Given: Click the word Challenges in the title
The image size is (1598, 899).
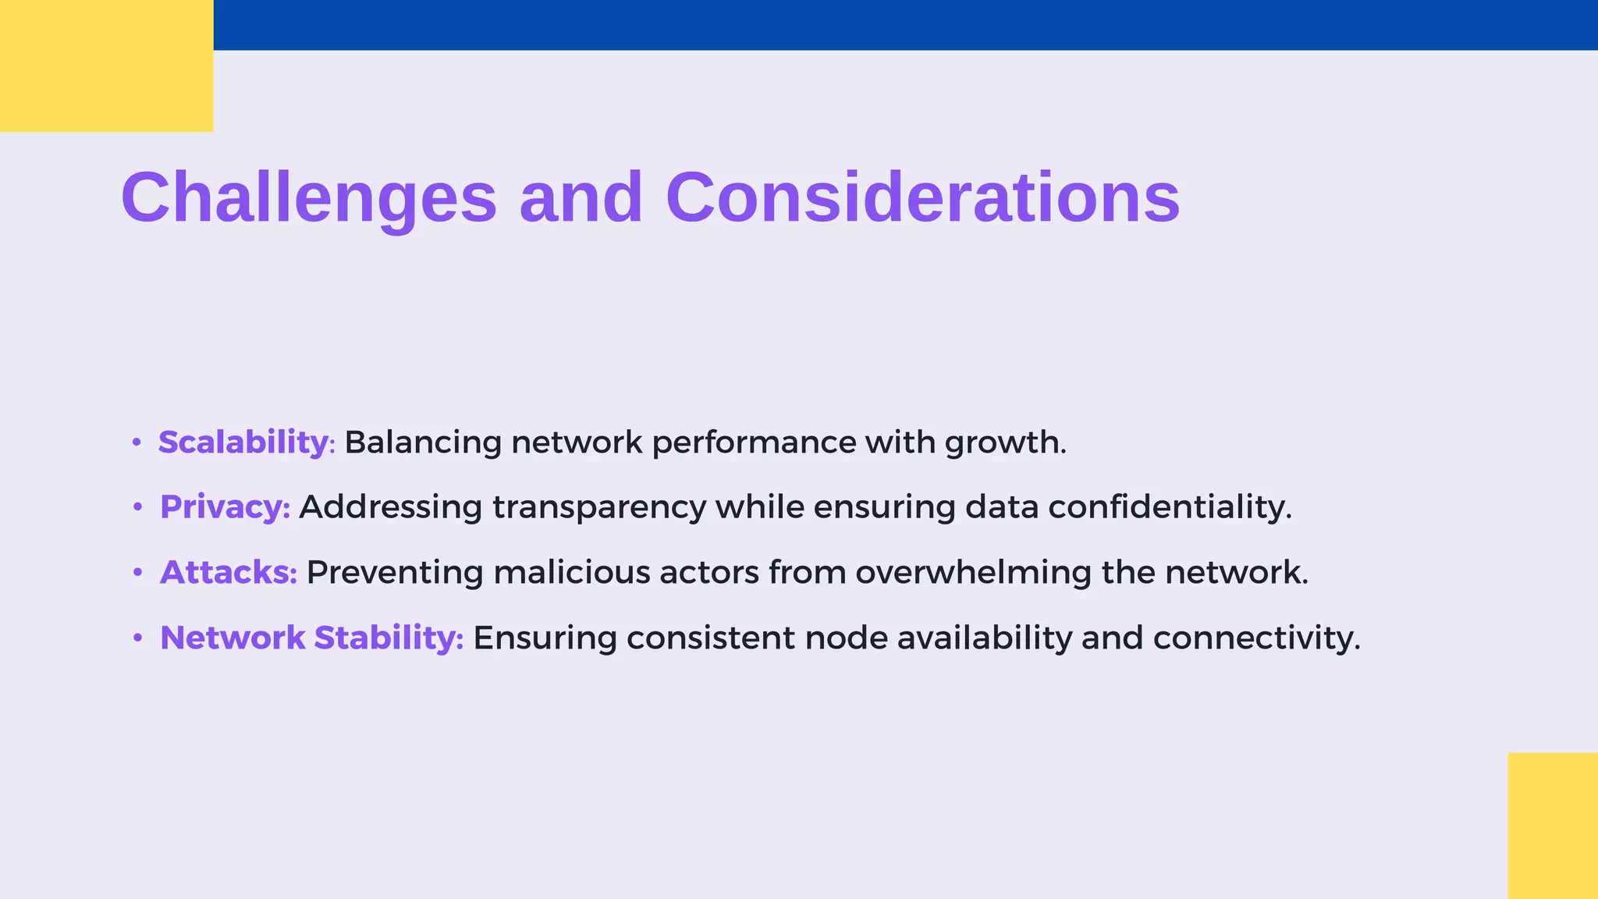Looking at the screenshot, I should (309, 197).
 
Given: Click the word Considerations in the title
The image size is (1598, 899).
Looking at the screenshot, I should (922, 197).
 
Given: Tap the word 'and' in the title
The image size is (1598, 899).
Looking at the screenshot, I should (581, 197).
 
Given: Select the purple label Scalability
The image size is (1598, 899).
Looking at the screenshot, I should (243, 442).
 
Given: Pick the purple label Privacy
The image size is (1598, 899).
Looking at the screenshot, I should (222, 507).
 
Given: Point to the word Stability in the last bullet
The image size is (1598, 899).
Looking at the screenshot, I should (387, 638).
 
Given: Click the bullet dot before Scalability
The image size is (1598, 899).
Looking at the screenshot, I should (137, 442).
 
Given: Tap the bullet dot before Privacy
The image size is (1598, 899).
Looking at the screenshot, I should (137, 508).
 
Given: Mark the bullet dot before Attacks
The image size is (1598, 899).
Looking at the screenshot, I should (137, 574).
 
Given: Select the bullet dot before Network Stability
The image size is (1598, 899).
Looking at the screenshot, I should (137, 638).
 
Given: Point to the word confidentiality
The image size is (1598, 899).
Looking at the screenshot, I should (1169, 507).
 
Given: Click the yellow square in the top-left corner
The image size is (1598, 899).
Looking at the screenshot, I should (106, 66).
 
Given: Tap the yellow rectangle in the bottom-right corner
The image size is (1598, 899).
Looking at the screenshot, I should (1552, 825).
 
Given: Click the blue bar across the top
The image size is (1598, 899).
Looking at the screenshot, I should (905, 25).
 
